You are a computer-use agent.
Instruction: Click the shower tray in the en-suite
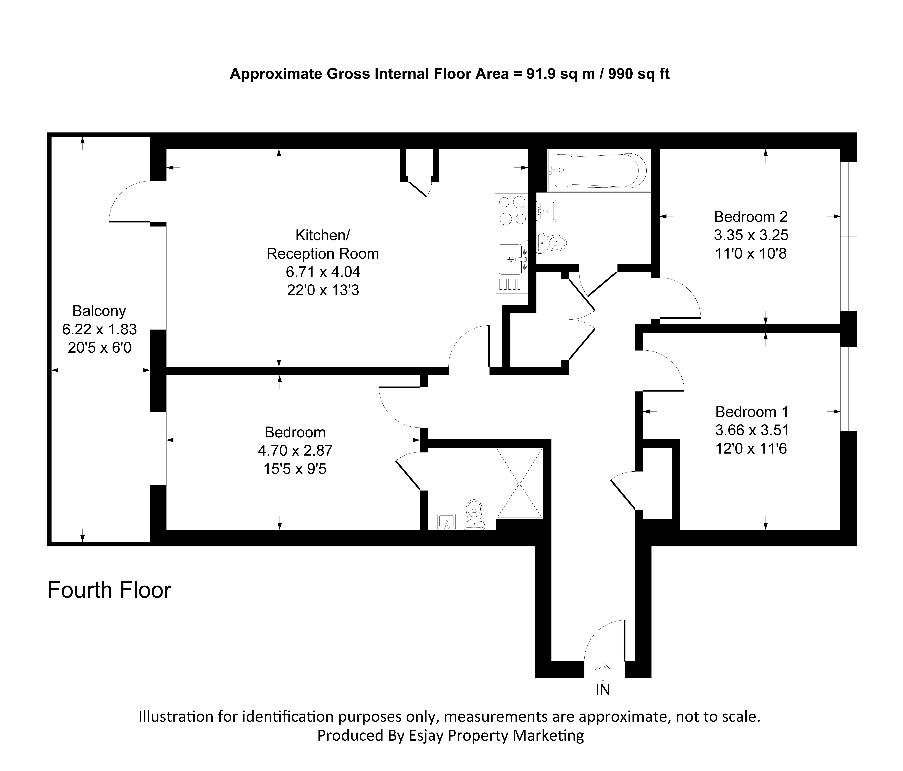click(519, 483)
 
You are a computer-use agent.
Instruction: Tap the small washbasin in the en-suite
click(446, 522)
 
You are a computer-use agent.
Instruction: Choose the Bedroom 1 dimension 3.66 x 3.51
click(752, 430)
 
